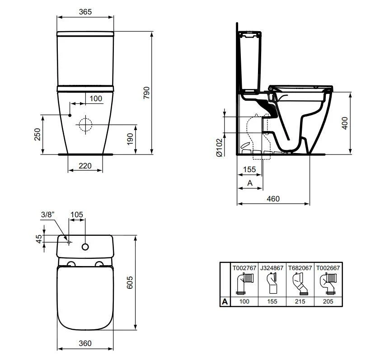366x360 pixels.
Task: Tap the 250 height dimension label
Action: point(38,134)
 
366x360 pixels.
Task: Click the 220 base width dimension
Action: point(84,166)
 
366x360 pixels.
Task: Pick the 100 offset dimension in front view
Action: point(95,98)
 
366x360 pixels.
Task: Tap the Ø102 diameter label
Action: point(219,148)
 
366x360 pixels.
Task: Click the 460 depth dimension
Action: point(273,198)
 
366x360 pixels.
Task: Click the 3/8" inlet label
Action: point(47,215)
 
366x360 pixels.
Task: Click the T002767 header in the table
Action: point(244,268)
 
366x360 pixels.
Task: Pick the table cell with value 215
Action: point(300,301)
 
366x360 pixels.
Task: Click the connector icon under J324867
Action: point(272,285)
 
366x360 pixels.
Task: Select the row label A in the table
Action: point(225,301)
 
